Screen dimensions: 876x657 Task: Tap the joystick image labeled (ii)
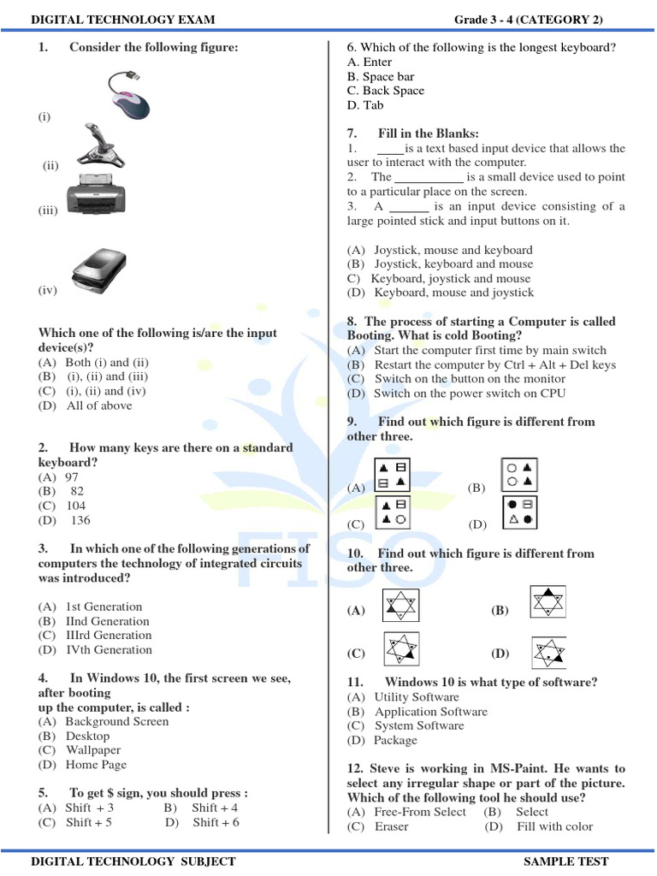[x=102, y=146]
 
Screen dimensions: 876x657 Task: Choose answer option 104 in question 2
[x=76, y=506]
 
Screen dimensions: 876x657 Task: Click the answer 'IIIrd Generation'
[x=109, y=636]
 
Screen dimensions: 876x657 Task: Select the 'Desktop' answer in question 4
[x=87, y=737]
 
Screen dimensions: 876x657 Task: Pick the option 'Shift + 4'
[x=215, y=808]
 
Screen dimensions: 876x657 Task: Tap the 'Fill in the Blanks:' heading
[x=428, y=133]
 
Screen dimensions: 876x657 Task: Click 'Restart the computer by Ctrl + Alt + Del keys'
[x=494, y=365]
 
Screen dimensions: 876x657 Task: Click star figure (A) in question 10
[x=400, y=607]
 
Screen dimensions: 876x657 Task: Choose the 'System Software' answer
[x=419, y=726]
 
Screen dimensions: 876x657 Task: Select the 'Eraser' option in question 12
[x=391, y=826]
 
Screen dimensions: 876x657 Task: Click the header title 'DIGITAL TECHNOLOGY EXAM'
[x=123, y=20]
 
